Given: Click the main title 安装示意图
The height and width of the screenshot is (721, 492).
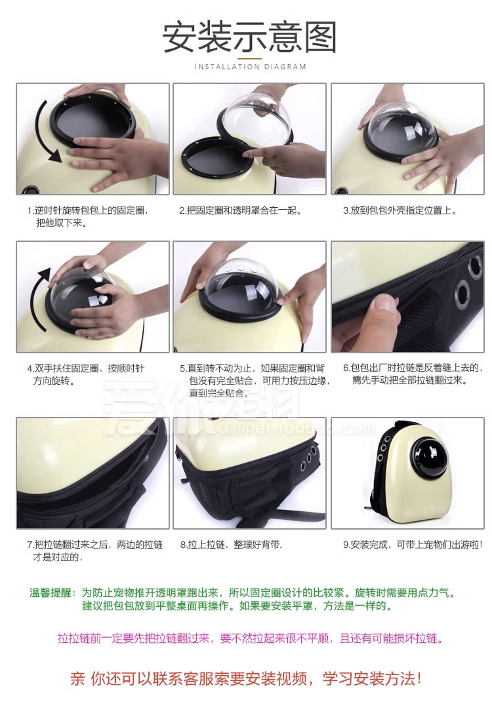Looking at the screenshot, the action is [249, 37].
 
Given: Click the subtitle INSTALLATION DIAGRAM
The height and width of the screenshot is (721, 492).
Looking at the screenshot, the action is [251, 67].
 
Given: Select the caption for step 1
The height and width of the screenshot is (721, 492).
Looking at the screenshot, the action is [87, 216].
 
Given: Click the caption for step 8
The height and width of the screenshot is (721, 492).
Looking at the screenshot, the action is [231, 545].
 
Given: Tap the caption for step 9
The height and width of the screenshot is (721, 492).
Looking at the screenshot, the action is [413, 545].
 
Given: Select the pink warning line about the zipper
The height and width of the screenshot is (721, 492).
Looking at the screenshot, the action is [251, 638].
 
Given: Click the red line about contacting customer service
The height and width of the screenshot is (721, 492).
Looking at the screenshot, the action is [246, 678].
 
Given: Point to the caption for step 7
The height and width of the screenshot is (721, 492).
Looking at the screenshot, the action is [95, 551].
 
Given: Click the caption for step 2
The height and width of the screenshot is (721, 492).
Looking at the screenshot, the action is [240, 210].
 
